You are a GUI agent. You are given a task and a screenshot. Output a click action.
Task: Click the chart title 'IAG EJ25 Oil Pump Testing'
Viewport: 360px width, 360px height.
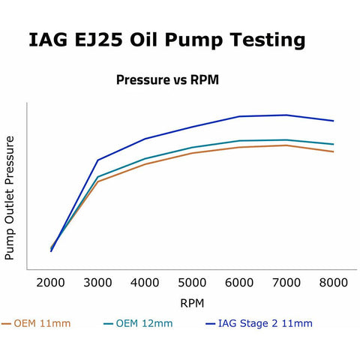tap(166, 40)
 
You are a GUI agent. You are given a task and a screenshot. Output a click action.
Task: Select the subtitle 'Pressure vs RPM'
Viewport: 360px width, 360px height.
tap(167, 79)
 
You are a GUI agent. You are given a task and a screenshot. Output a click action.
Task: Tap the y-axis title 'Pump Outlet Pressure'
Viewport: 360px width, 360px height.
tap(10, 198)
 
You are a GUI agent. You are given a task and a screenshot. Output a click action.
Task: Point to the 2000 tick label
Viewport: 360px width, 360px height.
tap(50, 283)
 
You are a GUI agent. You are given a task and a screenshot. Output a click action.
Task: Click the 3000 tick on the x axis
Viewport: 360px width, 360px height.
tap(97, 283)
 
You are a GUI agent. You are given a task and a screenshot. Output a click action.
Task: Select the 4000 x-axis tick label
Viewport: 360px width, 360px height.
tap(145, 283)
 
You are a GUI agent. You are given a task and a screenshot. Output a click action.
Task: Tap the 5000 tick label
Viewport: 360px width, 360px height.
tap(192, 283)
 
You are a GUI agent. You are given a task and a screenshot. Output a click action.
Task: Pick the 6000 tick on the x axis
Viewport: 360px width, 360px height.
tap(239, 283)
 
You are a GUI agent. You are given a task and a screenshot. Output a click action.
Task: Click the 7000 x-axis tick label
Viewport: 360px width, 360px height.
tap(286, 283)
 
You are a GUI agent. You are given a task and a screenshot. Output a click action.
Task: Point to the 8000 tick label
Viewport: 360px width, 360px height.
tap(334, 283)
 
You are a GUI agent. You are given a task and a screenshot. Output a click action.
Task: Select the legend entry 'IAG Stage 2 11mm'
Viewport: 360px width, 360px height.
tap(259, 323)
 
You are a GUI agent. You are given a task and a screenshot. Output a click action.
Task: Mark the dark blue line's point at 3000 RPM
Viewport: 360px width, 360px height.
tap(97, 160)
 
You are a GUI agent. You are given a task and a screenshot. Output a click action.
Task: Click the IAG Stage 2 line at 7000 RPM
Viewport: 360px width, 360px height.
tap(286, 115)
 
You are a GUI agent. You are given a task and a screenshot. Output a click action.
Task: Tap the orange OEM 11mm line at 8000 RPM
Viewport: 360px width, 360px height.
tap(334, 151)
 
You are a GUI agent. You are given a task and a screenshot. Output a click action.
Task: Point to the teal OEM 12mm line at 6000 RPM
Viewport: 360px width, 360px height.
tap(239, 141)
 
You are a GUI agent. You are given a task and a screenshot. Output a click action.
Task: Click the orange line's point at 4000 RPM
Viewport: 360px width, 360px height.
tap(145, 164)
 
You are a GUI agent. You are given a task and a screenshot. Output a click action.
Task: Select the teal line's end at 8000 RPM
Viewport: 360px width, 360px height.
tap(334, 144)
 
